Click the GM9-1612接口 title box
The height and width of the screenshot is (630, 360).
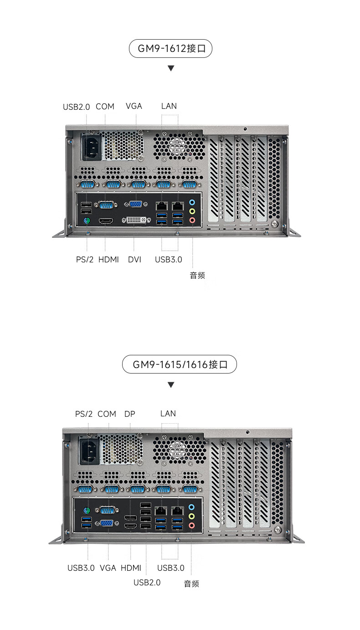[171, 48]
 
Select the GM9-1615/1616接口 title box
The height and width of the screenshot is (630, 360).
[180, 364]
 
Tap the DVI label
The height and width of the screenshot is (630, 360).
[134, 260]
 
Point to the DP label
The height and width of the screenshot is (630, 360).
[130, 414]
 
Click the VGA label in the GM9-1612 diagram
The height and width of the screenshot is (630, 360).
[134, 106]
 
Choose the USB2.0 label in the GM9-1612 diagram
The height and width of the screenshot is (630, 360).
[76, 107]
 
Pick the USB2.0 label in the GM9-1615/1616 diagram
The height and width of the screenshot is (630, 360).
[147, 583]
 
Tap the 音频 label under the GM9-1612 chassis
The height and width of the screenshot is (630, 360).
[197, 275]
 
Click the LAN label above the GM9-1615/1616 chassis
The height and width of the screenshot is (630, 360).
[168, 414]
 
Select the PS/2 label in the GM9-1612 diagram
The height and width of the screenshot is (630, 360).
[85, 260]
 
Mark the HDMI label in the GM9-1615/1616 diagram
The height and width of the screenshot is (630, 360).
[131, 568]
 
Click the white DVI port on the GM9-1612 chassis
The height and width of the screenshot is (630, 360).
[136, 220]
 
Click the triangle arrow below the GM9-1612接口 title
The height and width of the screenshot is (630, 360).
[171, 68]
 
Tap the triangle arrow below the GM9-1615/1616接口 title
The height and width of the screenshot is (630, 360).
[171, 385]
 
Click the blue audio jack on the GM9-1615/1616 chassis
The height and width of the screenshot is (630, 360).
[191, 507]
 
